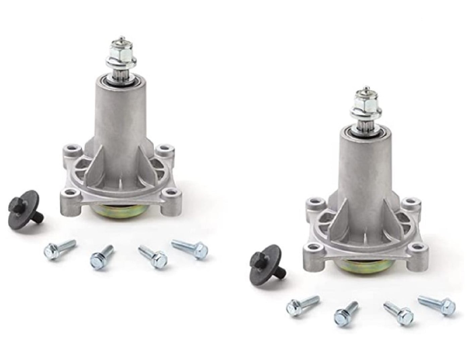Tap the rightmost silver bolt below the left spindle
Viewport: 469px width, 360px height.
189,248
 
